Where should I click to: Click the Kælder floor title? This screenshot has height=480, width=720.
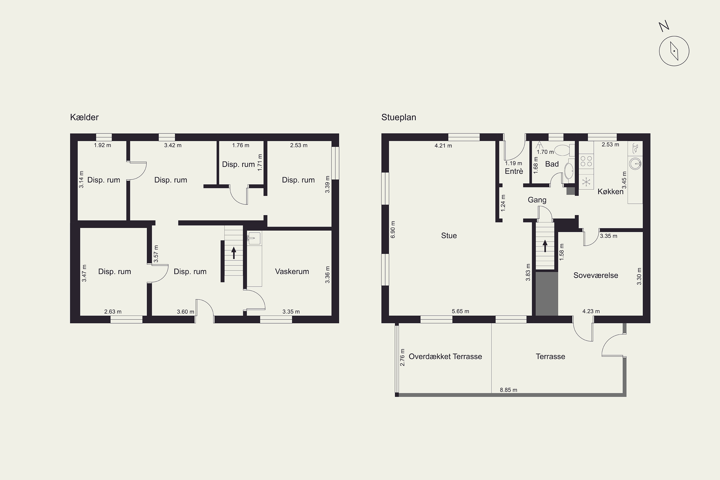[x=84, y=117]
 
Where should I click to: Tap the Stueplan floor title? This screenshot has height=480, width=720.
[x=399, y=118]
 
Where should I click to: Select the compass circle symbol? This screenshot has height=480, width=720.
[x=674, y=51]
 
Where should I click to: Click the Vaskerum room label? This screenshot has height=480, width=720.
[x=292, y=271]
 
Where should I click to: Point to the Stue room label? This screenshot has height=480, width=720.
[x=449, y=235]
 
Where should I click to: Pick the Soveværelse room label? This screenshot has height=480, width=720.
[x=596, y=275]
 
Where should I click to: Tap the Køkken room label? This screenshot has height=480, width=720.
[x=610, y=192]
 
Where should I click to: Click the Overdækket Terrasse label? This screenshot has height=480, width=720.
[x=445, y=356]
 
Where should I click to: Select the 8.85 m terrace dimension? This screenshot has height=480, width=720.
[x=509, y=390]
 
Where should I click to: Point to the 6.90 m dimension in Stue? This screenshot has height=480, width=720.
[x=393, y=230]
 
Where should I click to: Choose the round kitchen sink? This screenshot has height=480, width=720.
[x=636, y=163]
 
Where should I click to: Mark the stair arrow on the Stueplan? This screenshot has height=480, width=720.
[x=545, y=246]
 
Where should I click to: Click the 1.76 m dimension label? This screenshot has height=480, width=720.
[x=241, y=145]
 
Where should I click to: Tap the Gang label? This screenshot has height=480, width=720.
[x=537, y=200]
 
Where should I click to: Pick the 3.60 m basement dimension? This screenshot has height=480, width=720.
[x=186, y=312]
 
